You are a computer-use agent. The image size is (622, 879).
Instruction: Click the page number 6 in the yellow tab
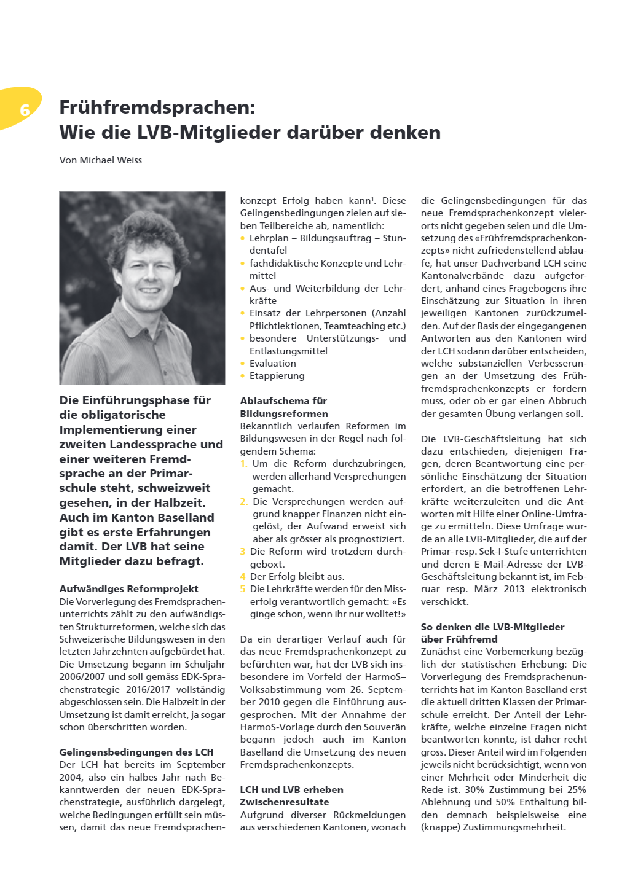tap(25, 110)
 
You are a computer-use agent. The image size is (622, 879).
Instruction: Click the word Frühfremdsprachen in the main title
tap(157, 107)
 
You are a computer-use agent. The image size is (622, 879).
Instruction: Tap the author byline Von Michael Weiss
tap(101, 160)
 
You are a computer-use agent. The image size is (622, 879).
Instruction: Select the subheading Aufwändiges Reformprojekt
tap(128, 589)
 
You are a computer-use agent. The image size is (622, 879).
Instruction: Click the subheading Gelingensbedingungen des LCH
tap(136, 752)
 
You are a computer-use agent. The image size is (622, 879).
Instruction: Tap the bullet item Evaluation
tap(272, 364)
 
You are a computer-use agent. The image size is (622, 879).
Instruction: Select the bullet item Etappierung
tap(277, 376)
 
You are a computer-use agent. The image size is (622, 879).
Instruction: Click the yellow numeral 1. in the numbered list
tap(244, 464)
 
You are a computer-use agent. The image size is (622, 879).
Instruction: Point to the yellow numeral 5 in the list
tap(243, 589)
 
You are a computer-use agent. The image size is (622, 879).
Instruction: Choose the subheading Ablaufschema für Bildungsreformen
tap(284, 407)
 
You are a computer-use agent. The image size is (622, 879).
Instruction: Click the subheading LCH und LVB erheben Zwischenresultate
tap(291, 795)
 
